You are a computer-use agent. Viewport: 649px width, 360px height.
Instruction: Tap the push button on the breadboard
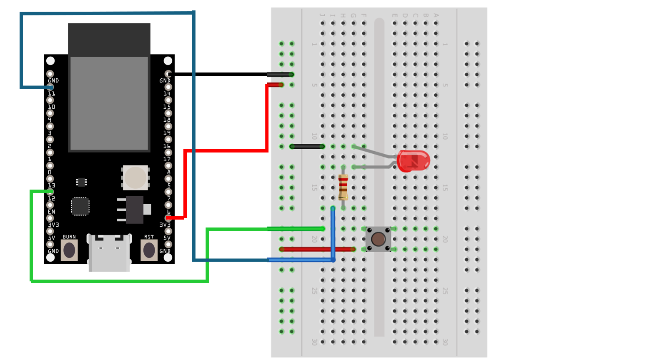point(378,239)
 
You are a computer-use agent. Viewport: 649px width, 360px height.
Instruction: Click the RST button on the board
point(149,250)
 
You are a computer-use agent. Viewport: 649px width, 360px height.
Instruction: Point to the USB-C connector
point(109,252)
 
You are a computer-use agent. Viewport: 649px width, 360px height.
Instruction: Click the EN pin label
point(52,212)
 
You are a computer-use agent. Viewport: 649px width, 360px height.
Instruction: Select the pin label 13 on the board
point(51,185)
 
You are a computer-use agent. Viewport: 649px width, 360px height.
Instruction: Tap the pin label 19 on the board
point(167,133)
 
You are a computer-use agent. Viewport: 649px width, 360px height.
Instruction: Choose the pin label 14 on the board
point(167,94)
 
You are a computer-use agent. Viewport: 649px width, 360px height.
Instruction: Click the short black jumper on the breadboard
point(307,147)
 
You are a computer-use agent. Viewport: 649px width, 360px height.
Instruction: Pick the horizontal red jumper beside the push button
point(317,250)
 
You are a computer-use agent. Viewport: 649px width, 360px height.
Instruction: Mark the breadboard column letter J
point(323,16)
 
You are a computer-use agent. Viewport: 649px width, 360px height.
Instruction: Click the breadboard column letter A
point(436,16)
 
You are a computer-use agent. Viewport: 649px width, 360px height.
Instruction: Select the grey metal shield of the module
point(109,103)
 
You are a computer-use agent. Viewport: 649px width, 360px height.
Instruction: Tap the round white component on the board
point(135,177)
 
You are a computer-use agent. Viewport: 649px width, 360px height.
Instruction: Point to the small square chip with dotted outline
point(80,206)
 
